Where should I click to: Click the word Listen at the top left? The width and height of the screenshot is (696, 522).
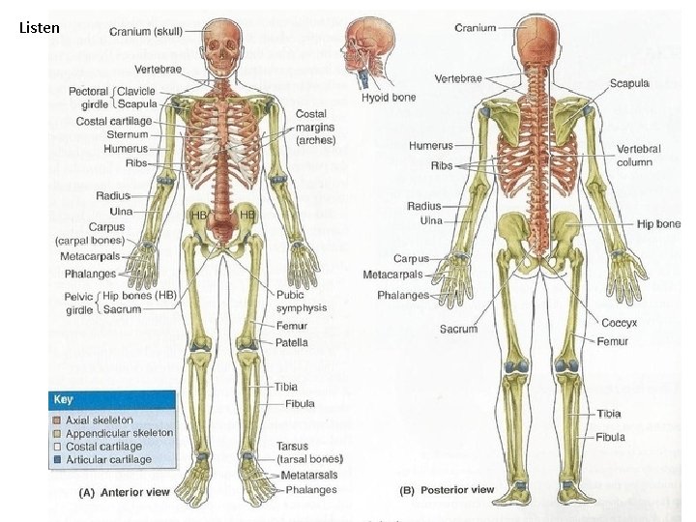click(x=39, y=28)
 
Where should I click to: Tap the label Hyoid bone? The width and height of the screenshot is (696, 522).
click(x=389, y=97)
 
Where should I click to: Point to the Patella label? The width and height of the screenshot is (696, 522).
click(x=292, y=342)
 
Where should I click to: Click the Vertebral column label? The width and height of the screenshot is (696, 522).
click(x=639, y=156)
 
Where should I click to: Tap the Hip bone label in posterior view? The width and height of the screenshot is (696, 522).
click(x=658, y=224)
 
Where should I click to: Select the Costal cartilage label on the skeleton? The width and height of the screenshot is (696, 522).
click(x=114, y=121)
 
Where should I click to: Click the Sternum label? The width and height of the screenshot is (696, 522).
click(x=127, y=135)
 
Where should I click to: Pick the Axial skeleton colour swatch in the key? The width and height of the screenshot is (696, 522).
click(x=57, y=420)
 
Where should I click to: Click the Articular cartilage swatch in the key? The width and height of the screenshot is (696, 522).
click(x=57, y=459)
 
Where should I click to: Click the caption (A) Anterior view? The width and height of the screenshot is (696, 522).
click(x=124, y=492)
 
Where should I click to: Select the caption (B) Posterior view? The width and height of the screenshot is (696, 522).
click(x=447, y=490)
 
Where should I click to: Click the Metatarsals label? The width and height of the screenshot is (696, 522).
click(x=309, y=476)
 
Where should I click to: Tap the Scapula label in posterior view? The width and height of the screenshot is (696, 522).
click(x=629, y=83)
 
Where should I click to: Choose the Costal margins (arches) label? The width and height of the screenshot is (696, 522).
click(x=315, y=127)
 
